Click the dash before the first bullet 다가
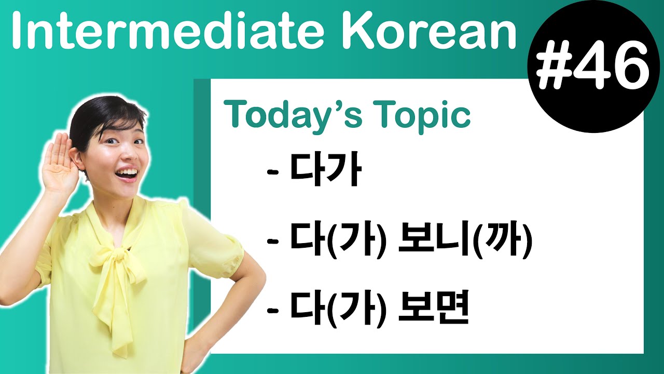271,173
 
